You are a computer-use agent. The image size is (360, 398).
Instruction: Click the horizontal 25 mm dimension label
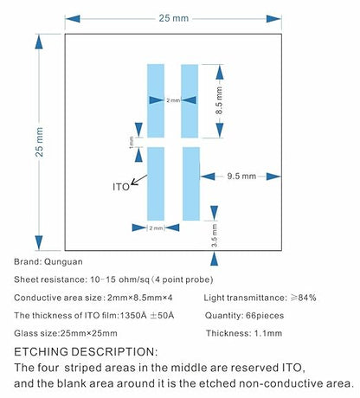click(174, 18)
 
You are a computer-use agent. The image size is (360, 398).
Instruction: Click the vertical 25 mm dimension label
click(39, 142)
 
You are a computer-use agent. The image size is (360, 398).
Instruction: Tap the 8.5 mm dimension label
click(219, 100)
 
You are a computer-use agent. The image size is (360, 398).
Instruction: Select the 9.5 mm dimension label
click(241, 176)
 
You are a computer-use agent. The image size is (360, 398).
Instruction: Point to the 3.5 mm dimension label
click(215, 235)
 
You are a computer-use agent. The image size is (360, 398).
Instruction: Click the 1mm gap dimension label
click(132, 143)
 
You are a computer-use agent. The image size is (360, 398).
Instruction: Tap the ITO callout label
click(121, 187)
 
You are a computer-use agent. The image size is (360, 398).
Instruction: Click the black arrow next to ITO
click(139, 180)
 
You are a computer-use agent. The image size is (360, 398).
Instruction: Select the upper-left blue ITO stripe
click(156, 100)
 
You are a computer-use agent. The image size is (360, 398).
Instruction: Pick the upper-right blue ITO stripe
click(190, 100)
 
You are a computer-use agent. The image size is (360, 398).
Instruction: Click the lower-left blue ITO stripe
click(156, 183)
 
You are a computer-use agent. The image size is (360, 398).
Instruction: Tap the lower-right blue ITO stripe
click(191, 183)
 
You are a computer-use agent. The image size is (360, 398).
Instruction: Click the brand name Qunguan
click(63, 262)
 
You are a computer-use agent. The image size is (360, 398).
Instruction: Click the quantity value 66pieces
click(265, 316)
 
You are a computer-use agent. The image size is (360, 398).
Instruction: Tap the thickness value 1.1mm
click(268, 333)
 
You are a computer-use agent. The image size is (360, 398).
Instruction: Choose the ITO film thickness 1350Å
click(133, 315)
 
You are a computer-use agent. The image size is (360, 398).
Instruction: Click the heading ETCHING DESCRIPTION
click(86, 352)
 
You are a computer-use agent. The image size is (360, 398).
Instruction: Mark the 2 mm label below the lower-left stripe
click(156, 228)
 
